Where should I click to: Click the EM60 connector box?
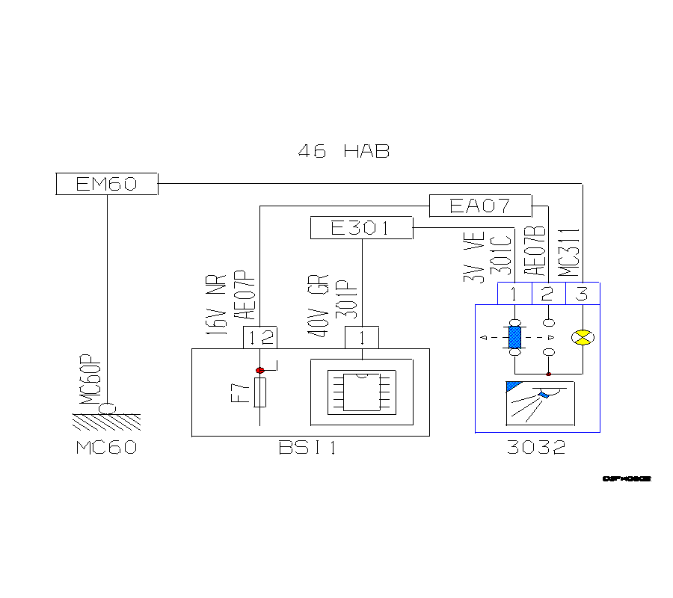tap(107, 184)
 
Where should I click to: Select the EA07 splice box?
tap(480, 206)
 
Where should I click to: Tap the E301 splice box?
tap(361, 228)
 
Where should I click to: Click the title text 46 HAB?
tap(343, 151)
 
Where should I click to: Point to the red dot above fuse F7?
tap(260, 370)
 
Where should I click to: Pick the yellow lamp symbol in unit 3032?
tap(582, 338)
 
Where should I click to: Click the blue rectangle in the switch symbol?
tap(514, 337)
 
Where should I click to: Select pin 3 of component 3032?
tap(583, 294)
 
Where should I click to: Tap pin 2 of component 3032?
tap(548, 294)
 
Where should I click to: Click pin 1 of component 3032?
tap(514, 294)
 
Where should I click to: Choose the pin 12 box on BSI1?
tap(260, 338)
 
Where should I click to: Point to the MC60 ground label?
tap(107, 449)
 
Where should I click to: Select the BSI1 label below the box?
tap(307, 449)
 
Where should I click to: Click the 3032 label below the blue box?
tap(536, 449)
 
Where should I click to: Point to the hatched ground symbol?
tap(107, 422)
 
